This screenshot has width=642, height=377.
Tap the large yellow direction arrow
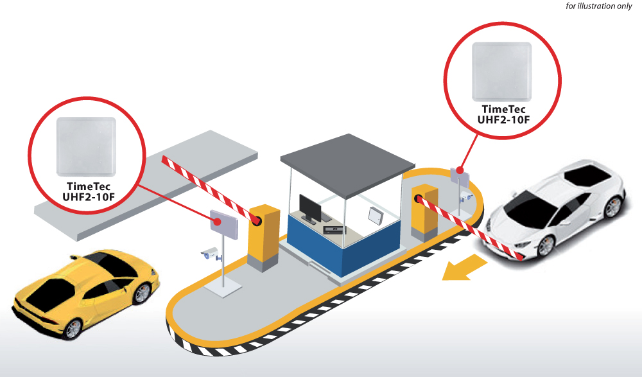click(x=465, y=268)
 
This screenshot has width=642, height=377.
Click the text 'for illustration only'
click(x=598, y=6)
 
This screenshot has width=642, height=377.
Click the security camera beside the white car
click(x=466, y=196)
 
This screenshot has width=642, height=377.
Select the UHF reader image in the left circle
click(x=86, y=146)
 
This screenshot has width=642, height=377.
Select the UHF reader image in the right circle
click(x=501, y=72)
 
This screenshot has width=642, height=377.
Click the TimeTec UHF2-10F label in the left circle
click(x=89, y=192)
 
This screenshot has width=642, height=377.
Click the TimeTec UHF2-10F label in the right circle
click(x=503, y=114)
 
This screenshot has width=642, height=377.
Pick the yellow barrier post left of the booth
click(x=263, y=238)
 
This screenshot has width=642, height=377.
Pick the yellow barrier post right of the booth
click(x=424, y=213)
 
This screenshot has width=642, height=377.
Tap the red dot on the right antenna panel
click(x=460, y=170)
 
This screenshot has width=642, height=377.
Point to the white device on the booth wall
click(x=375, y=216)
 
